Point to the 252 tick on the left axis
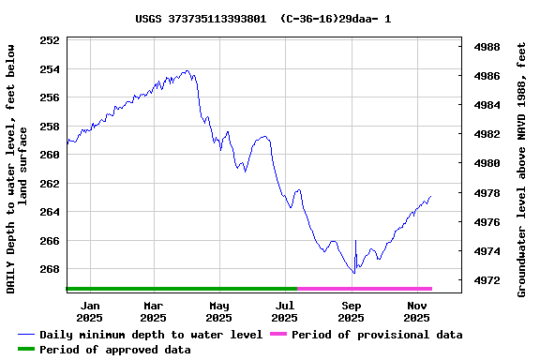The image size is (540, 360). (x=50, y=40)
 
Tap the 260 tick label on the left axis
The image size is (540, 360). (x=50, y=155)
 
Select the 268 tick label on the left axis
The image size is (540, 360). (x=50, y=269)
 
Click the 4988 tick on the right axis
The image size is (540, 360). (x=487, y=47)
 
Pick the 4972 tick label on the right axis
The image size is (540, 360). (x=487, y=281)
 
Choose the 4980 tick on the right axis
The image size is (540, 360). (x=487, y=164)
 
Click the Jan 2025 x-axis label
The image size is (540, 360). (x=90, y=311)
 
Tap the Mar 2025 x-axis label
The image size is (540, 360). (x=154, y=311)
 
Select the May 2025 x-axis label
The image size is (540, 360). (x=219, y=311)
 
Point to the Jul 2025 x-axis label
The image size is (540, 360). (x=285, y=311)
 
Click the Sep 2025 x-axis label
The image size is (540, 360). (x=352, y=311)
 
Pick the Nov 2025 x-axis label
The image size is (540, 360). (x=418, y=311)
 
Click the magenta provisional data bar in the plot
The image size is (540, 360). (x=365, y=289)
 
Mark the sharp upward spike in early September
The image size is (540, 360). (x=355, y=246)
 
